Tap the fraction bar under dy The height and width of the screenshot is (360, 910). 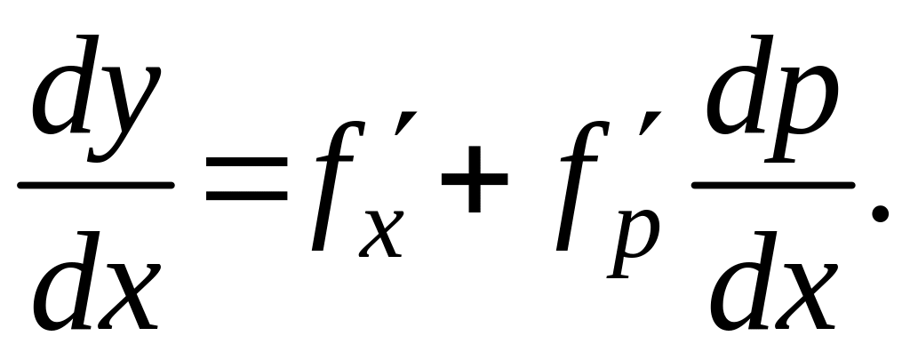click(96, 184)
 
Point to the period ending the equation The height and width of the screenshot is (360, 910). click(879, 212)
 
